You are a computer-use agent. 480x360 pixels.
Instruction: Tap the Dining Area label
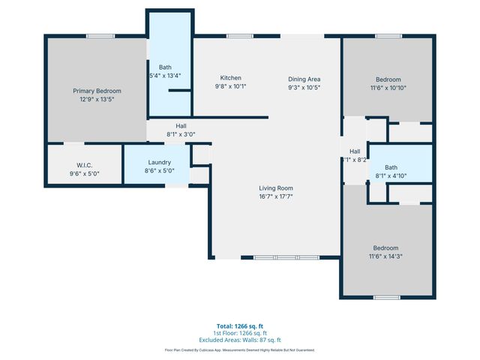click(x=304, y=78)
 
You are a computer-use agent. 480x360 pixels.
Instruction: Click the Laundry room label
click(x=159, y=162)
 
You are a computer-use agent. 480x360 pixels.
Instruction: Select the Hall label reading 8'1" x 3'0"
click(x=181, y=126)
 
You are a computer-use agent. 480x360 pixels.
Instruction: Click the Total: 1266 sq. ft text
click(x=240, y=326)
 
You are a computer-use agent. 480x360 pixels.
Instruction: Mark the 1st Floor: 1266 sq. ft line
click(x=240, y=332)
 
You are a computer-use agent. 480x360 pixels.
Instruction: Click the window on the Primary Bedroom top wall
click(x=94, y=35)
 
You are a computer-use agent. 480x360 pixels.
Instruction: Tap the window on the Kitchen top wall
click(x=239, y=35)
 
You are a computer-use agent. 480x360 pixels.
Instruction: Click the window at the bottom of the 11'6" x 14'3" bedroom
click(x=387, y=298)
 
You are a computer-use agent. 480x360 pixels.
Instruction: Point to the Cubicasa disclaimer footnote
click(x=240, y=349)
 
